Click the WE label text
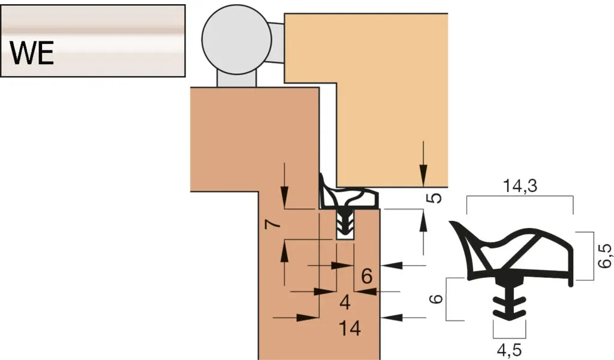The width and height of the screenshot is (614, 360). (32, 53)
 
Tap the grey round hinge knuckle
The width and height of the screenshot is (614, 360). (236, 39)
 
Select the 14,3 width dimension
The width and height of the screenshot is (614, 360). (520, 186)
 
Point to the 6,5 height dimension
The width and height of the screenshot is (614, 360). (604, 256)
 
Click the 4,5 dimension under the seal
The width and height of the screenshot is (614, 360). (509, 350)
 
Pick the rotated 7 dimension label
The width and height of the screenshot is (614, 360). (273, 224)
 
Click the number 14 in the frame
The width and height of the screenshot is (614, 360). (350, 328)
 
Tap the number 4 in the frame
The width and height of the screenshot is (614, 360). (345, 302)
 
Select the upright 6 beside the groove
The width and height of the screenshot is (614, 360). (366, 277)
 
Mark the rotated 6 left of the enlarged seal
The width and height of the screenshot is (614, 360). (436, 299)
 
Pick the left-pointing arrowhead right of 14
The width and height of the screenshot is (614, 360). (392, 317)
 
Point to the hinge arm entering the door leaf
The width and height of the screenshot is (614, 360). (278, 43)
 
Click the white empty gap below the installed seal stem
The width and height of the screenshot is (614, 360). (345, 236)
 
